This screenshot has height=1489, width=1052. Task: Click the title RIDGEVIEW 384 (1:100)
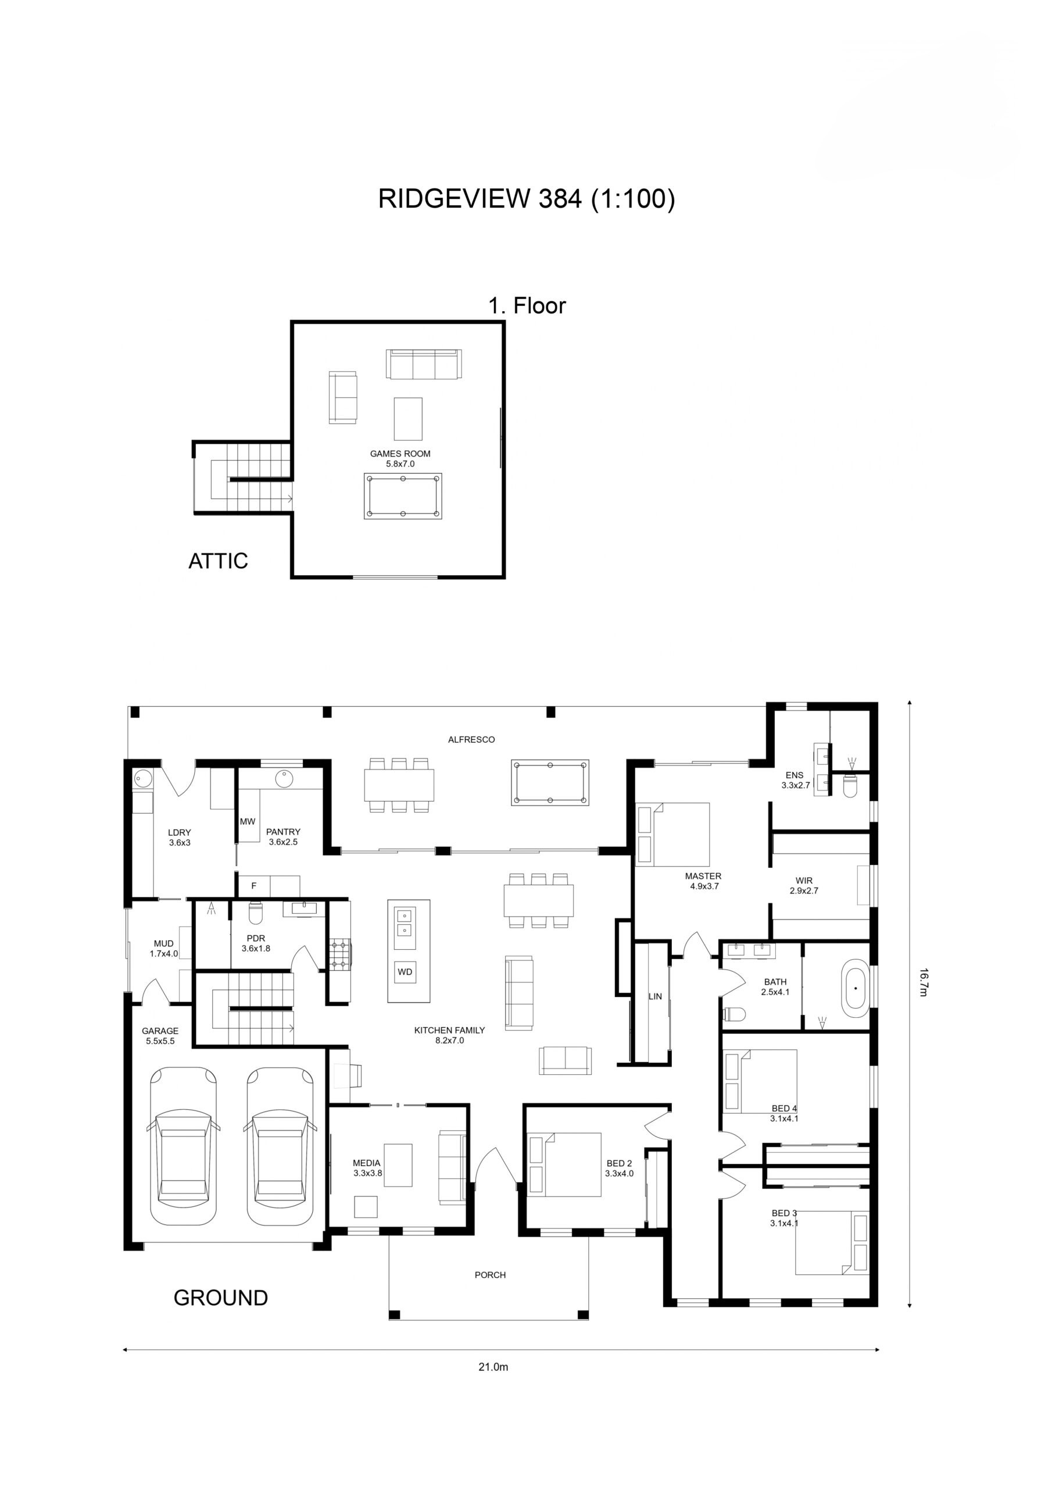pyautogui.click(x=527, y=198)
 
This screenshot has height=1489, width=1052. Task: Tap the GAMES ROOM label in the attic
pyautogui.click(x=400, y=454)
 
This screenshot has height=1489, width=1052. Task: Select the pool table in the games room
pyautogui.click(x=403, y=496)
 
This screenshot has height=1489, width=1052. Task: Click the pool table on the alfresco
pyautogui.click(x=550, y=782)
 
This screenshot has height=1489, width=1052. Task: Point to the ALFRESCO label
pyautogui.click(x=471, y=739)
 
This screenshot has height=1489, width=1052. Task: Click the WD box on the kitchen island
pyautogui.click(x=405, y=971)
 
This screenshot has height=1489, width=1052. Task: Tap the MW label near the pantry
pyautogui.click(x=248, y=821)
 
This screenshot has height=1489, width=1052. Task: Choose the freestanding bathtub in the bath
pyautogui.click(x=855, y=988)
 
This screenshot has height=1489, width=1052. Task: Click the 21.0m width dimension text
pyautogui.click(x=493, y=1367)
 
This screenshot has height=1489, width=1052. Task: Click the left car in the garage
pyautogui.click(x=184, y=1146)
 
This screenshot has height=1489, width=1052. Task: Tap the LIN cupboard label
pyautogui.click(x=655, y=996)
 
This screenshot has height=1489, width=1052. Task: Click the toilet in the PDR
pyautogui.click(x=255, y=913)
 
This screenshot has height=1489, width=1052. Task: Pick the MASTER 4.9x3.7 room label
pyautogui.click(x=703, y=881)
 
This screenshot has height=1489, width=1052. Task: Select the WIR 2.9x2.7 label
pyautogui.click(x=804, y=885)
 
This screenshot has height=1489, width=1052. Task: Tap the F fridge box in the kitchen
pyautogui.click(x=254, y=886)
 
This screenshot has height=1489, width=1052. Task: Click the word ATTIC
pyautogui.click(x=218, y=561)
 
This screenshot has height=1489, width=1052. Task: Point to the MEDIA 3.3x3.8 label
pyautogui.click(x=367, y=1168)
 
